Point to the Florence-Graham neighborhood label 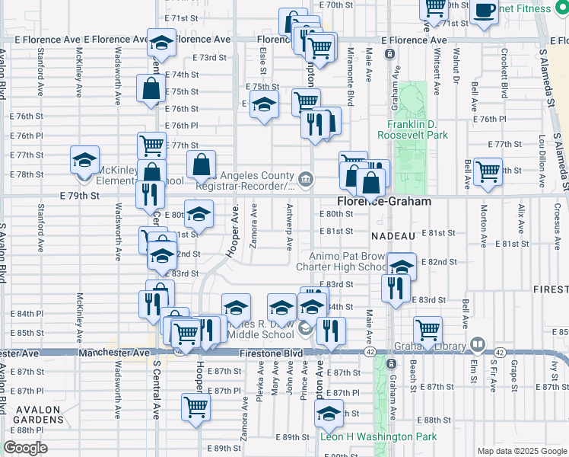point(385,202)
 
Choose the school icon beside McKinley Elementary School point(84,161)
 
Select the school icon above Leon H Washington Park point(329,416)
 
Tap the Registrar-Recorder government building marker point(305,179)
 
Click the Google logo point(25,449)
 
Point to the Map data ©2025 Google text point(521,451)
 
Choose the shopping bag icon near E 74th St point(151,89)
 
